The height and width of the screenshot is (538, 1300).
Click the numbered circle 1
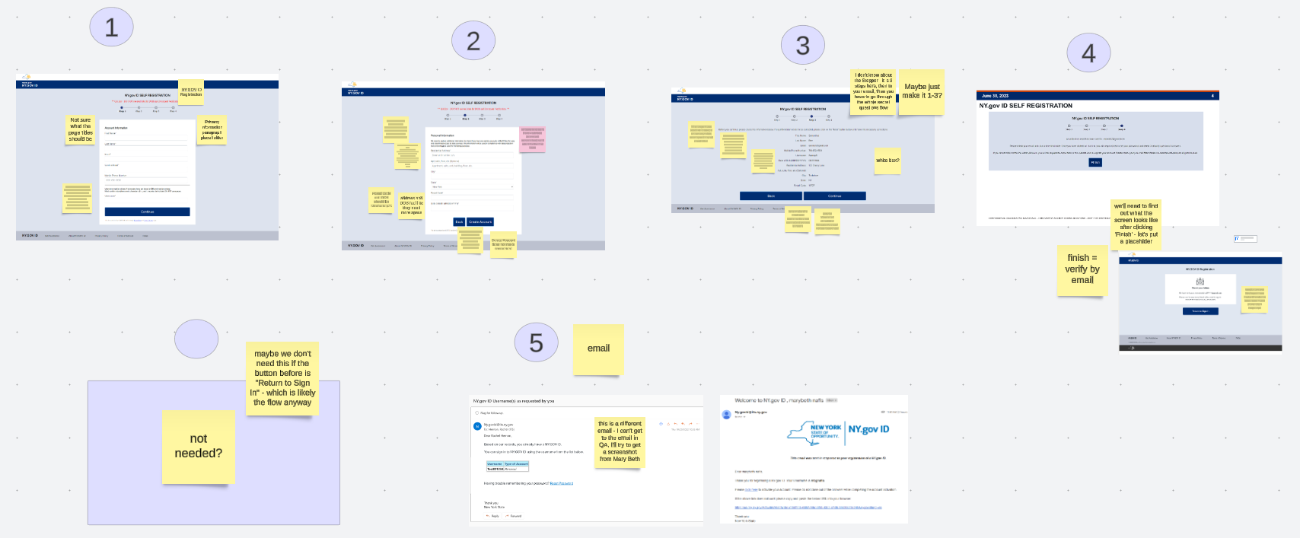click(x=111, y=27)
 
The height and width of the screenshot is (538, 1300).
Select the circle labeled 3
click(x=802, y=45)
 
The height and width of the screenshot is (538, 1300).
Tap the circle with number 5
click(x=536, y=342)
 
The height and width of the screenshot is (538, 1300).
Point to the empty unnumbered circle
click(x=196, y=339)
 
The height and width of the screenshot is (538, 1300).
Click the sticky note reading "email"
click(x=598, y=349)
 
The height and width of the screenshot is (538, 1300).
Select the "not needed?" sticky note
click(x=199, y=446)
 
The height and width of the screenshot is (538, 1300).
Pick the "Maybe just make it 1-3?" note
click(x=922, y=92)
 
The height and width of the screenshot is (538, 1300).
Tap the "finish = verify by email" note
click(x=1082, y=269)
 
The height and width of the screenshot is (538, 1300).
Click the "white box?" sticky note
click(x=887, y=161)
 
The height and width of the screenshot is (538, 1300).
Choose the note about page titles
click(x=80, y=129)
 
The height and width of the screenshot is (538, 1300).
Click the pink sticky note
click(x=533, y=138)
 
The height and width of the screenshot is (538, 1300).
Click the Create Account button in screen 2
click(x=480, y=222)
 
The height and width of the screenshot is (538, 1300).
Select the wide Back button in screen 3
click(x=770, y=196)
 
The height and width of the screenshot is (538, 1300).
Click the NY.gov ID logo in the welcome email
click(x=868, y=430)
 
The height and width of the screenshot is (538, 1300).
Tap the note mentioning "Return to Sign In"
click(x=282, y=378)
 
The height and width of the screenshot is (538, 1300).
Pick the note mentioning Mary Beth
click(x=620, y=441)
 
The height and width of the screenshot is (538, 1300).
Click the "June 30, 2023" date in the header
click(x=995, y=96)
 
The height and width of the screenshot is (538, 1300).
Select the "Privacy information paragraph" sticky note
click(x=212, y=129)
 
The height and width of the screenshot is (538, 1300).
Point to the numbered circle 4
click(x=1088, y=53)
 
